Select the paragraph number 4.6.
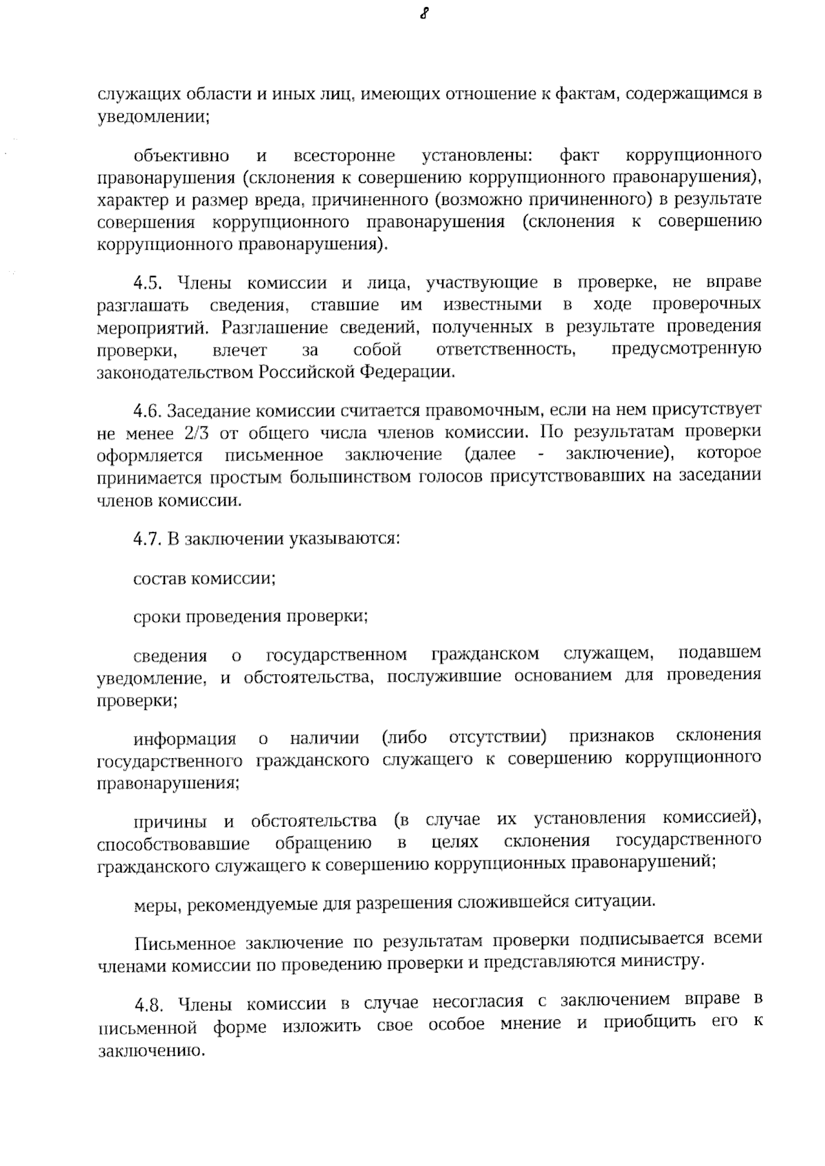146,411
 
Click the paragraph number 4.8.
148,1004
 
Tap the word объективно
181,155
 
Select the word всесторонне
344,155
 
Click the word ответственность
507,350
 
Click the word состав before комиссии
159,579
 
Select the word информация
185,739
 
